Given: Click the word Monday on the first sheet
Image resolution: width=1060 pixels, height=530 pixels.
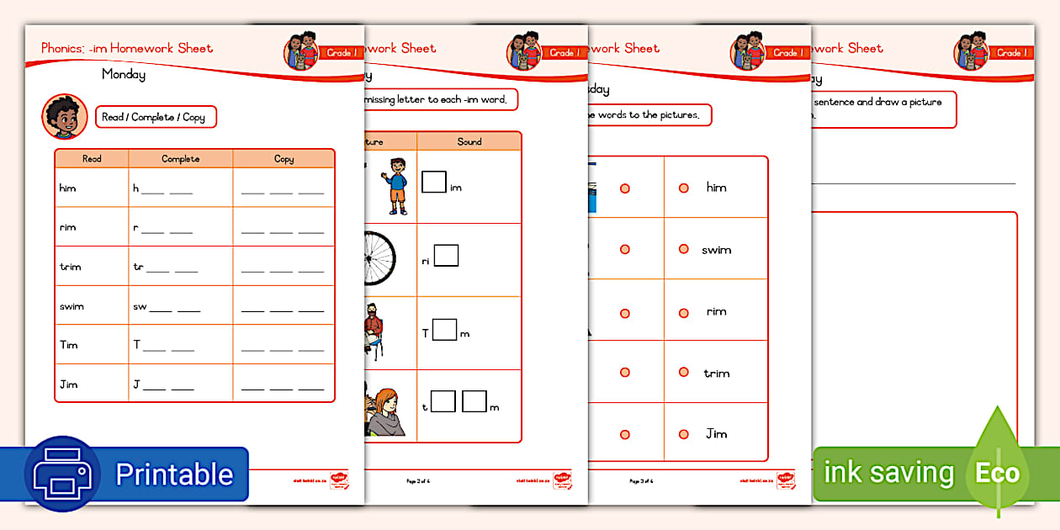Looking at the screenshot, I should coord(124,74).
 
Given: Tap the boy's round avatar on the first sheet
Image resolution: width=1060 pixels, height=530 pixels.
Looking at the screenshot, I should coord(64,117).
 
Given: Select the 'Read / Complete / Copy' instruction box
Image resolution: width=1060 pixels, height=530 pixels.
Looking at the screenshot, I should coord(156,117).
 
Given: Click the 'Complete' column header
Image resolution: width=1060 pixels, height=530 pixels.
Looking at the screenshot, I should coord(181,158).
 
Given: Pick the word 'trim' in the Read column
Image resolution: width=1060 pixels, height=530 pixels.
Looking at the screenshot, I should coord(70,267).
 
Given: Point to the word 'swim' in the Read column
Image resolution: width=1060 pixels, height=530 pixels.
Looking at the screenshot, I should coord(72,306).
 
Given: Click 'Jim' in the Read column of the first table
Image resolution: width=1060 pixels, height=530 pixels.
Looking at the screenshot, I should coord(68,384).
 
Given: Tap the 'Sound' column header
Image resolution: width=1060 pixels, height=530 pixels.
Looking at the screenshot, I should coord(469,141).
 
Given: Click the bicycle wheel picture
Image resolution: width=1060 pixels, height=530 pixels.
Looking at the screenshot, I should coord(389,259).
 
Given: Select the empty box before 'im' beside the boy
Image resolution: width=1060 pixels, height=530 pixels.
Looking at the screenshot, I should coord(433,182).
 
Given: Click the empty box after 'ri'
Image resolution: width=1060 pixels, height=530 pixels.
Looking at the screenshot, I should coord(446,255).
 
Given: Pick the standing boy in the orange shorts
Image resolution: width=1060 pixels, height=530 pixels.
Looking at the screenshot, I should coord(395,186).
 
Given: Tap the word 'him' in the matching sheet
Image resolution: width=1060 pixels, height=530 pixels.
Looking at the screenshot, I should coord(716,188).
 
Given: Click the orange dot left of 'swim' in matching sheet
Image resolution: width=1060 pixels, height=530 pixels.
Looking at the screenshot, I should coord(684,250).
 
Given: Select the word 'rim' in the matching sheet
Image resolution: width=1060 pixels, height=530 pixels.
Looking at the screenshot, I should coord(716,311).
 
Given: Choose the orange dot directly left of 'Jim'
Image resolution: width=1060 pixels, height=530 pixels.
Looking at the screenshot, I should coord(684,434).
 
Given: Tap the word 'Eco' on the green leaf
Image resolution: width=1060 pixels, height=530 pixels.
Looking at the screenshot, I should coord(997,473).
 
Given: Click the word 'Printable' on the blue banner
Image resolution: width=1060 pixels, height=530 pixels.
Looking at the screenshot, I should coord(174,474).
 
